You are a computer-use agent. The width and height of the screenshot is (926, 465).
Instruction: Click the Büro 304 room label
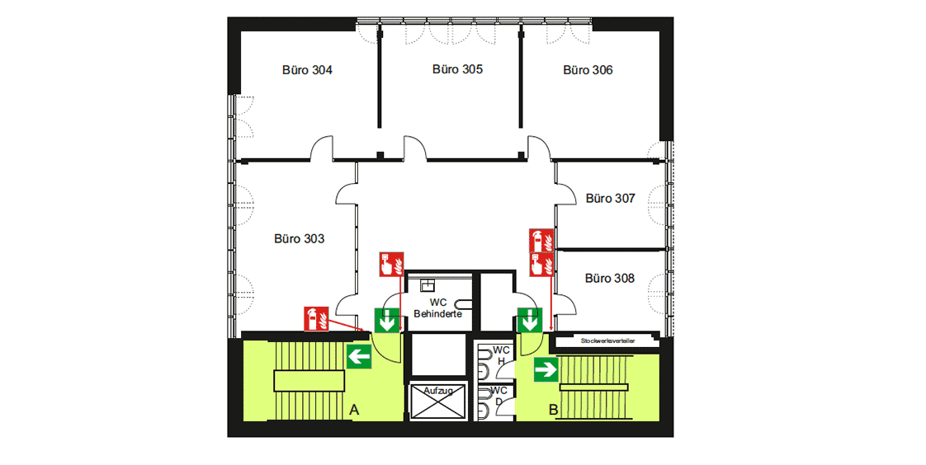[307, 70]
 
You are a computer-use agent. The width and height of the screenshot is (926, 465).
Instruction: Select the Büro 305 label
[458, 69]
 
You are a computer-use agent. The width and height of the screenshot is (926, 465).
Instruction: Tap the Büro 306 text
[588, 70]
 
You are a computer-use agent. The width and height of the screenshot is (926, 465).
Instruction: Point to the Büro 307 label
[610, 198]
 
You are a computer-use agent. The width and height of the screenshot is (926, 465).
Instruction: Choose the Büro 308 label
[609, 278]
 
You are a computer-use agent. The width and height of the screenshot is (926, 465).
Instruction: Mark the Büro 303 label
[300, 239]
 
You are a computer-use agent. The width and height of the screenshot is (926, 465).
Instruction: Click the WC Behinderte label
[437, 308]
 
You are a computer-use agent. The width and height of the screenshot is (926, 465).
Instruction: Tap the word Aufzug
[438, 391]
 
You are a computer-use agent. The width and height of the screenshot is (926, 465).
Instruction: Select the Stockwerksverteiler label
[607, 341]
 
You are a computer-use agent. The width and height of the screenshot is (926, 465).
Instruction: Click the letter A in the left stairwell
[354, 410]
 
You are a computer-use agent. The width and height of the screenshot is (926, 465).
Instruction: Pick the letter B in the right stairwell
[553, 410]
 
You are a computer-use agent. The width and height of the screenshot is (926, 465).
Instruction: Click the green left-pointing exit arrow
[358, 357]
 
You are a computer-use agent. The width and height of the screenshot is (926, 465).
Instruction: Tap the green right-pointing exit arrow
[546, 369]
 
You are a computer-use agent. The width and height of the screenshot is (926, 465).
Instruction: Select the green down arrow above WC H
[530, 320]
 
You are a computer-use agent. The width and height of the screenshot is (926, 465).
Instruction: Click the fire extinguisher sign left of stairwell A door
[316, 318]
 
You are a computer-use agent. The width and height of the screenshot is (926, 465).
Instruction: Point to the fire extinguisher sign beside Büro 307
[541, 240]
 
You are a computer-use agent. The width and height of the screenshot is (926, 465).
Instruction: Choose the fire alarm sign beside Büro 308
[541, 265]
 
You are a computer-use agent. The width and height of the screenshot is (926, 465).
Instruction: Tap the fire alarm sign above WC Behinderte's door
[391, 264]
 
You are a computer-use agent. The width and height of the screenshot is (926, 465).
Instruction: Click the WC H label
[502, 356]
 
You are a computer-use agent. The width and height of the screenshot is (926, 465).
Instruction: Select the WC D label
[499, 396]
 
